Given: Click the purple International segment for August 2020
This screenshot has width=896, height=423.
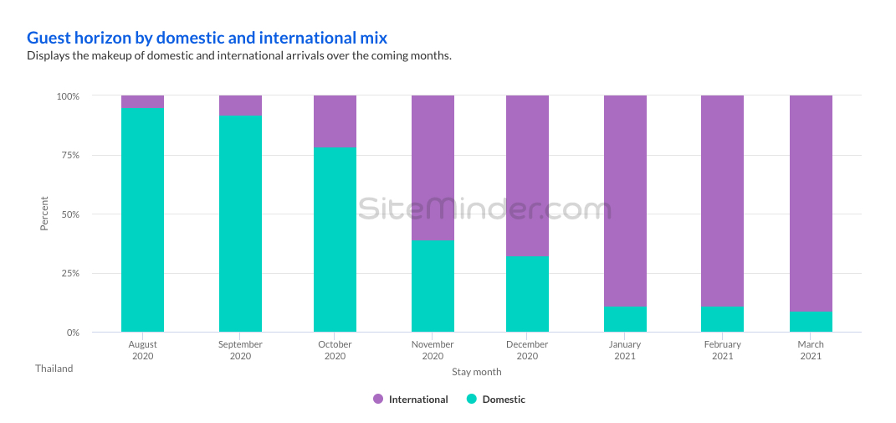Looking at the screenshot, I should coord(142,102).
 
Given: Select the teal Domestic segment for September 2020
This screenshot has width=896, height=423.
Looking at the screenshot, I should coord(240,224).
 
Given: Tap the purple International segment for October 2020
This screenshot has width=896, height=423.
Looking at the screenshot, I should coord(335,121).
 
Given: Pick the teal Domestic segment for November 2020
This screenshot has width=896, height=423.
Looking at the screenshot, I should coord(433,286).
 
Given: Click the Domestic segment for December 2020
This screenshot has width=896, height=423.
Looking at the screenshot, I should coord(527,294).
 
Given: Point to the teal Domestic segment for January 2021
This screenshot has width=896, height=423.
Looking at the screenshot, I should coord(625,319).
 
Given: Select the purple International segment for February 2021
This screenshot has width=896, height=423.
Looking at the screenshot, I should coord(722,201).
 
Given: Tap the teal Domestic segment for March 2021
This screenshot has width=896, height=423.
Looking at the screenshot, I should coord(811,322).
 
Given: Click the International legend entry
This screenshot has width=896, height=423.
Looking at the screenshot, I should coord(411,400).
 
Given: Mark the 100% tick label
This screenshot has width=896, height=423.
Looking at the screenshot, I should coord(68,96).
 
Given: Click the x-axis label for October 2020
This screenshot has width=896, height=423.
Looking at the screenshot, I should coord(335,350).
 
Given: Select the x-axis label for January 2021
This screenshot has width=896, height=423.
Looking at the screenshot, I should coord(625,350).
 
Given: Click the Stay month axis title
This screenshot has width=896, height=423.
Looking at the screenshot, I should coord(477,371).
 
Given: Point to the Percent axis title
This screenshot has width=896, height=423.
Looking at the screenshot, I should coord(44,214).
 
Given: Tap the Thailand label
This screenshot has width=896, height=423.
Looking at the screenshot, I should coord(54,369).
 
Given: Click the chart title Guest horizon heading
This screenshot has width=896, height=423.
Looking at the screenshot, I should coord(207,38).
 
